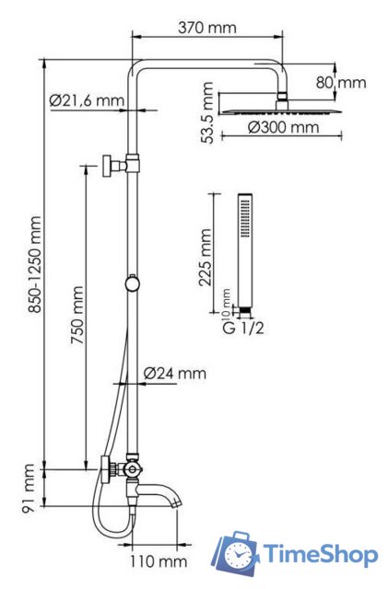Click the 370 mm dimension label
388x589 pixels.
coord(207,28)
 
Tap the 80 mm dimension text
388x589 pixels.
coord(341,83)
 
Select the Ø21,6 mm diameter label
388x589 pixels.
coord(87,100)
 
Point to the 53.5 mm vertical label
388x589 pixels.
coord(207,112)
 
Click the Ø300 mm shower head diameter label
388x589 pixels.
coord(283,128)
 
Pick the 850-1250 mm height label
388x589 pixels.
coord(35,264)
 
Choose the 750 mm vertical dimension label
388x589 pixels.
coord(77,315)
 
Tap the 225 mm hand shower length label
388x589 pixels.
coord(205,258)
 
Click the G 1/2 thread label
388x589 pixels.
coord(243,329)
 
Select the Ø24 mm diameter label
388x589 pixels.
coord(175,374)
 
